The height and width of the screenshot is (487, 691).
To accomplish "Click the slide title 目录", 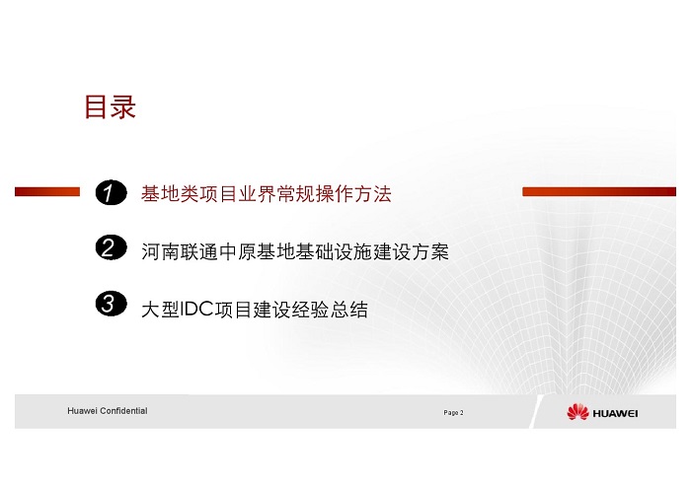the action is (x=111, y=106).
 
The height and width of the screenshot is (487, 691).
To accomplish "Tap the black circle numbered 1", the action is (x=111, y=192).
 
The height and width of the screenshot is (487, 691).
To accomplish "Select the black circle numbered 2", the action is (x=111, y=247).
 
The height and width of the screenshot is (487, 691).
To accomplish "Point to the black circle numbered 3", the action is (x=111, y=304).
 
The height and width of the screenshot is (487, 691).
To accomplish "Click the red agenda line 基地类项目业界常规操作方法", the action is (x=267, y=194).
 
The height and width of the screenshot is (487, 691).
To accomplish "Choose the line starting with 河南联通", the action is (x=295, y=251).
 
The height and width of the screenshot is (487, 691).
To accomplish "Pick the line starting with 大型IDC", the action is (x=255, y=310).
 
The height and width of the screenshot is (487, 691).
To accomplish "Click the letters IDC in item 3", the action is (x=196, y=310).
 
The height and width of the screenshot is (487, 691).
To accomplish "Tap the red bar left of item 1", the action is (x=47, y=191).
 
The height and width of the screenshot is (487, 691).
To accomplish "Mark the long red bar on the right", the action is (x=599, y=191).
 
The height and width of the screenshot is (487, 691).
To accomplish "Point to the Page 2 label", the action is (x=453, y=413).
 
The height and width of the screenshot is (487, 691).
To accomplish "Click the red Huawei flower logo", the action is (x=577, y=412).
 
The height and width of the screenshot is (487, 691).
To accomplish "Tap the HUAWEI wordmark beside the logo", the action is (x=615, y=413).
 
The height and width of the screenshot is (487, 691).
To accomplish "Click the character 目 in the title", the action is (x=95, y=106).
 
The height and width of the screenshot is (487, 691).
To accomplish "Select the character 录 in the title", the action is (x=123, y=106).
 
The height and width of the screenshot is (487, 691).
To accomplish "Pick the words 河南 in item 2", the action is (x=160, y=251).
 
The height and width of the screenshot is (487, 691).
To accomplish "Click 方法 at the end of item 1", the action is (x=373, y=194).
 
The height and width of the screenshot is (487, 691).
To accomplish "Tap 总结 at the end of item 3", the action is (x=349, y=310).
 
